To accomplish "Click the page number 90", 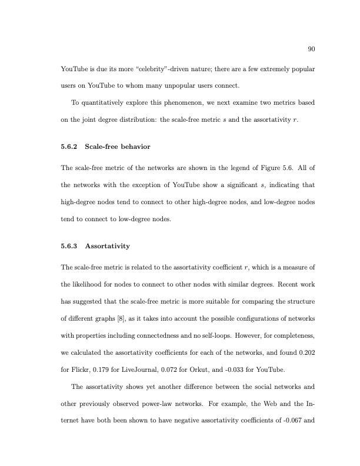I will [x=312, y=49].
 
